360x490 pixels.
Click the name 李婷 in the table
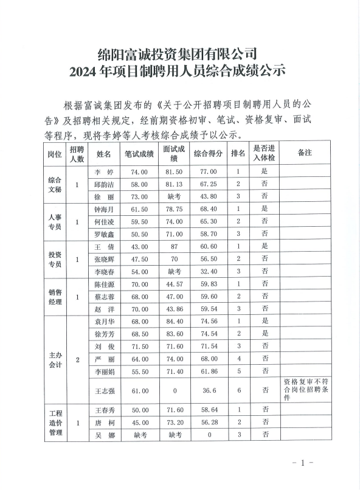coord(105,172)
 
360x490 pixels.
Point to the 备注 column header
coord(305,153)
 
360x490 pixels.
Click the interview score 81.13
coord(174,184)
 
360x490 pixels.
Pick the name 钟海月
coord(105,209)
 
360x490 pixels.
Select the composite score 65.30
coord(209,221)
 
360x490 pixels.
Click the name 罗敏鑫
coord(105,233)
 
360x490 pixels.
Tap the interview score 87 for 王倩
coord(174,246)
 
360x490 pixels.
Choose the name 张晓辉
coord(105,258)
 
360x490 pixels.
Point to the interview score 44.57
coord(174,284)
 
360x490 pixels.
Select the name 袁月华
coord(105,321)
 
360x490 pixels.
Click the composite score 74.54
coord(209,333)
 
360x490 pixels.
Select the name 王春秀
coord(105,411)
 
